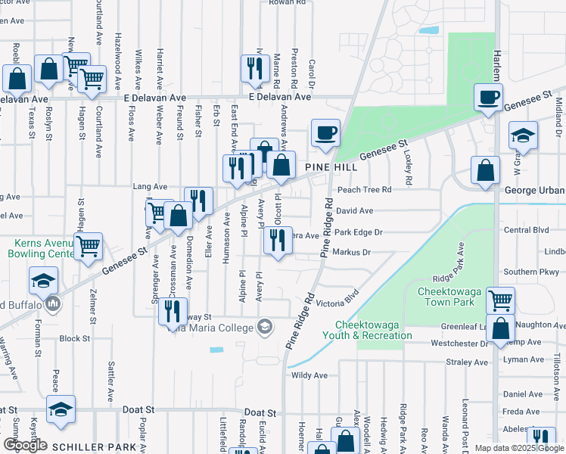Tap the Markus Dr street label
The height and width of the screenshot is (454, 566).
click(x=351, y=253)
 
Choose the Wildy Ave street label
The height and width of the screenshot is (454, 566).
click(x=309, y=375)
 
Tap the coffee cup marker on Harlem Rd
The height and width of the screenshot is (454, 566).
click(x=488, y=98)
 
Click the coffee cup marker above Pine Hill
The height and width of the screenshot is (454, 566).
click(x=325, y=133)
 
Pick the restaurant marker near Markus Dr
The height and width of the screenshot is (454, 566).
click(x=278, y=241)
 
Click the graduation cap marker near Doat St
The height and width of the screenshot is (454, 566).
click(x=61, y=409)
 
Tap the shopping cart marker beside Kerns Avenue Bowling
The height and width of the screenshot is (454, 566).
click(x=89, y=246)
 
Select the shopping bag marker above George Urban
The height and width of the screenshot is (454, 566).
click(x=485, y=170)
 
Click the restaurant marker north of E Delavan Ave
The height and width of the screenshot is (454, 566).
click(x=252, y=69)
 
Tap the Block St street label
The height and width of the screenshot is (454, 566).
click(x=74, y=338)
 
